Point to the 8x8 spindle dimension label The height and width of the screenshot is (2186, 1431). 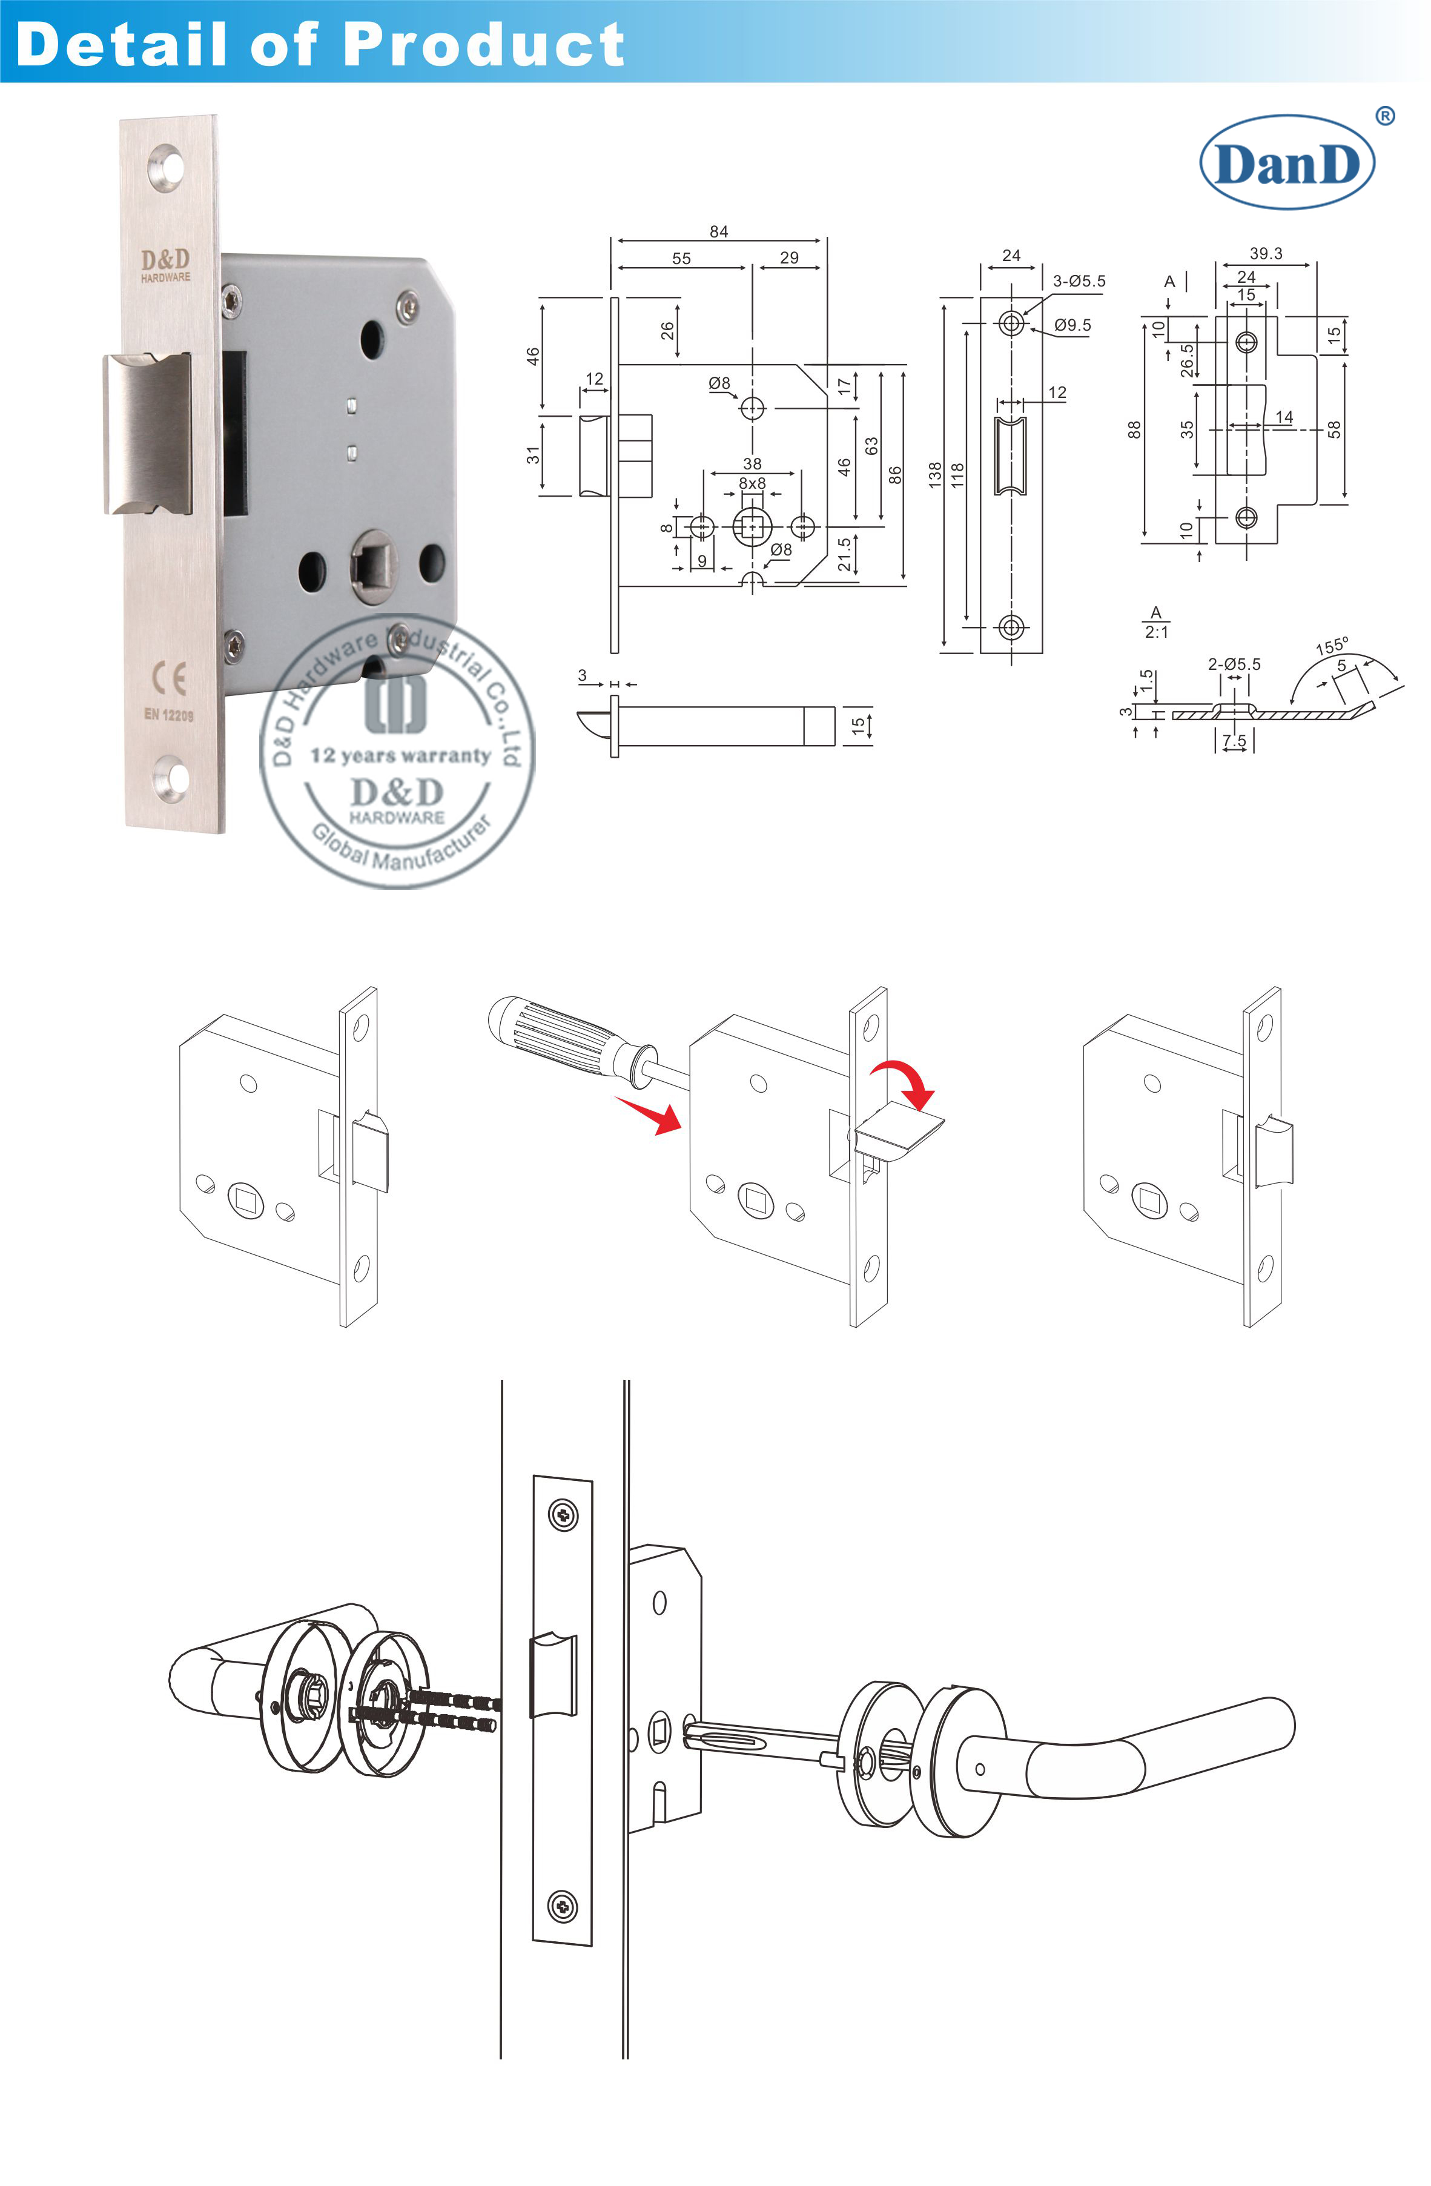click(752, 483)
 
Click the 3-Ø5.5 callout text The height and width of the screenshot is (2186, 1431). click(1079, 281)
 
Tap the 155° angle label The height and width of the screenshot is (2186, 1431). click(1331, 646)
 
